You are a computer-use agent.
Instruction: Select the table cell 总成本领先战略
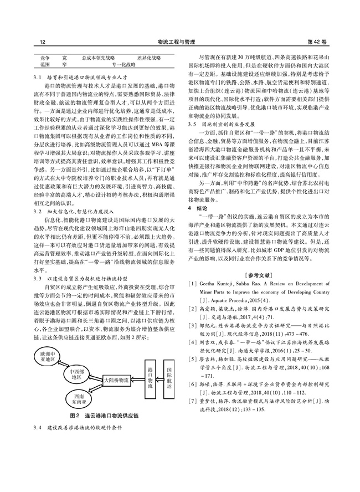pyautogui.click(x=98, y=57)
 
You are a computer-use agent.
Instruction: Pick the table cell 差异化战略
pyautogui.click(x=149, y=57)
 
